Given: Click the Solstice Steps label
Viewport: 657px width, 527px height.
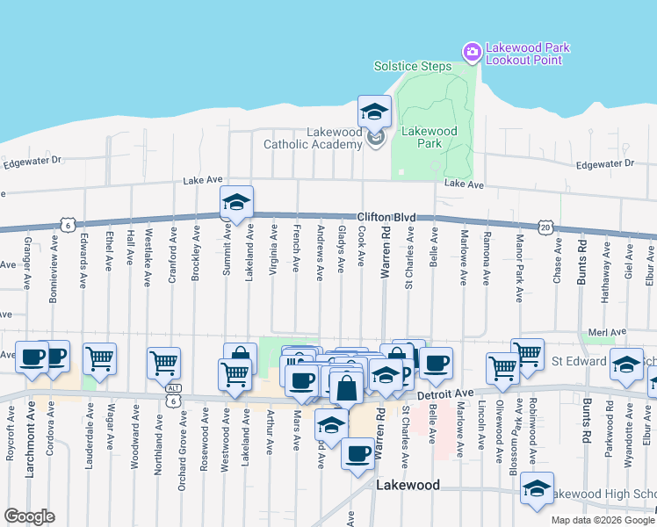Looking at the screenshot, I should click(412, 66).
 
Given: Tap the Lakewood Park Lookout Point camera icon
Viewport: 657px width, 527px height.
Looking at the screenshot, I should click(472, 53).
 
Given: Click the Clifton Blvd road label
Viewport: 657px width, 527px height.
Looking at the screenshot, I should click(386, 216).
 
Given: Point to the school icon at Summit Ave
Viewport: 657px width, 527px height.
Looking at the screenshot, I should click(236, 203).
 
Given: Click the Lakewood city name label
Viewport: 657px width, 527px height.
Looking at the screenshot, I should click(408, 485).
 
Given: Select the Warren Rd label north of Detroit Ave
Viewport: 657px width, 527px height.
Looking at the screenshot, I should click(385, 251).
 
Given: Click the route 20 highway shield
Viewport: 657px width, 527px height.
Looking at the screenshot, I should click(545, 227).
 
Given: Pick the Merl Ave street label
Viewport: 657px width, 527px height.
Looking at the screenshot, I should click(607, 332).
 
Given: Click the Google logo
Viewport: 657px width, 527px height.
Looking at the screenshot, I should click(29, 516).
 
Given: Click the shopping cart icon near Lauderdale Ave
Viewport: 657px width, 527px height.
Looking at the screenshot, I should click(99, 357).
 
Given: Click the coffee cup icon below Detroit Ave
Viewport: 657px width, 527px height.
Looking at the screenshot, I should click(357, 454).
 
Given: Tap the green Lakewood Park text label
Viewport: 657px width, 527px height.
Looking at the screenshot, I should click(428, 137).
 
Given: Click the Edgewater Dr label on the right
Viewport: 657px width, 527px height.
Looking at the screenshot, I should click(604, 164).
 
